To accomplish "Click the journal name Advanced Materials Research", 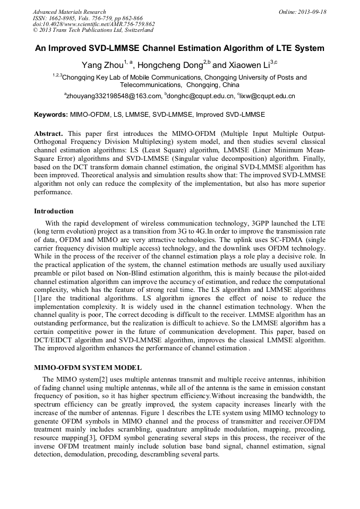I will [x=69, y=12].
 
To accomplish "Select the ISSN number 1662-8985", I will [x=63, y=18].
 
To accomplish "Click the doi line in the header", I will [x=93, y=24].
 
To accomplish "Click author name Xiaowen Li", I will [x=250, y=65].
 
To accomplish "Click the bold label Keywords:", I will [x=51, y=114].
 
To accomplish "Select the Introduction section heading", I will [x=54, y=211].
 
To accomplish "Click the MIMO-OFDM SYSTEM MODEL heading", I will [x=88, y=368].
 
